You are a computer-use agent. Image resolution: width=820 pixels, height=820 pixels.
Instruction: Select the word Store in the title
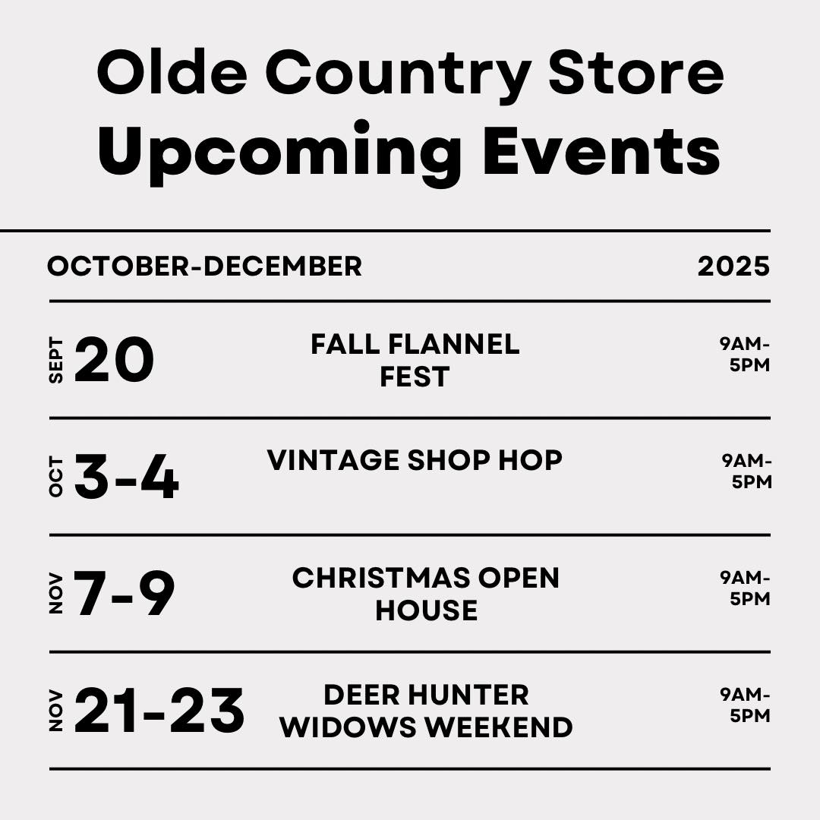point(636,72)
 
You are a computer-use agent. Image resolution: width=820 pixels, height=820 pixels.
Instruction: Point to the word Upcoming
point(279,153)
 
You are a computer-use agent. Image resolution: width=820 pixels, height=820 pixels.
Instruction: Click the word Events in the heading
point(601,149)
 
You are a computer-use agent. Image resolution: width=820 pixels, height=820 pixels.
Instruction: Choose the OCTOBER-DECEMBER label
point(204,266)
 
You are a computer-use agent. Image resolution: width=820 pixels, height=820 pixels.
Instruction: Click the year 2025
point(733,266)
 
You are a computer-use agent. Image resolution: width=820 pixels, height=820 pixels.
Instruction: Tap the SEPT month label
point(56,360)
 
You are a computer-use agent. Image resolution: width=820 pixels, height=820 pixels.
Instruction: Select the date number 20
point(115,359)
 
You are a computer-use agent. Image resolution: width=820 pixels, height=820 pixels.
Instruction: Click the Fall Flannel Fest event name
point(415,361)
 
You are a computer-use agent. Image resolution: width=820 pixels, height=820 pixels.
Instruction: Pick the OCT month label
point(56,476)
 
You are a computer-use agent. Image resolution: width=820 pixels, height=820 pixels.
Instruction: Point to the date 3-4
point(127,476)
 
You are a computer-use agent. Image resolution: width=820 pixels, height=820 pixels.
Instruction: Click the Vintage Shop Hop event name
point(415,461)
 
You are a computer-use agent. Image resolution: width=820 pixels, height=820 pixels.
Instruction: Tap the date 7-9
point(124,594)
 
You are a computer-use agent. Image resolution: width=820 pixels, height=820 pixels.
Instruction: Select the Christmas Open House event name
point(426,594)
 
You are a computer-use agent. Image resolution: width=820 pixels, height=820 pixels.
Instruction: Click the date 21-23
point(159,710)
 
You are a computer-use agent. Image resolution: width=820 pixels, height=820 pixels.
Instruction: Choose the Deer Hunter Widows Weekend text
point(426,711)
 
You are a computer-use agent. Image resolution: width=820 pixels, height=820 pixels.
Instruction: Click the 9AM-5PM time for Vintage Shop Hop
point(747,471)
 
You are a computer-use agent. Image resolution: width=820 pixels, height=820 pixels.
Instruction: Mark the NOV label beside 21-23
point(56,711)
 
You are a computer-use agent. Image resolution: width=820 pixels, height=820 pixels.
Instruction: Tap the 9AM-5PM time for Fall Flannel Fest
point(746,355)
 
